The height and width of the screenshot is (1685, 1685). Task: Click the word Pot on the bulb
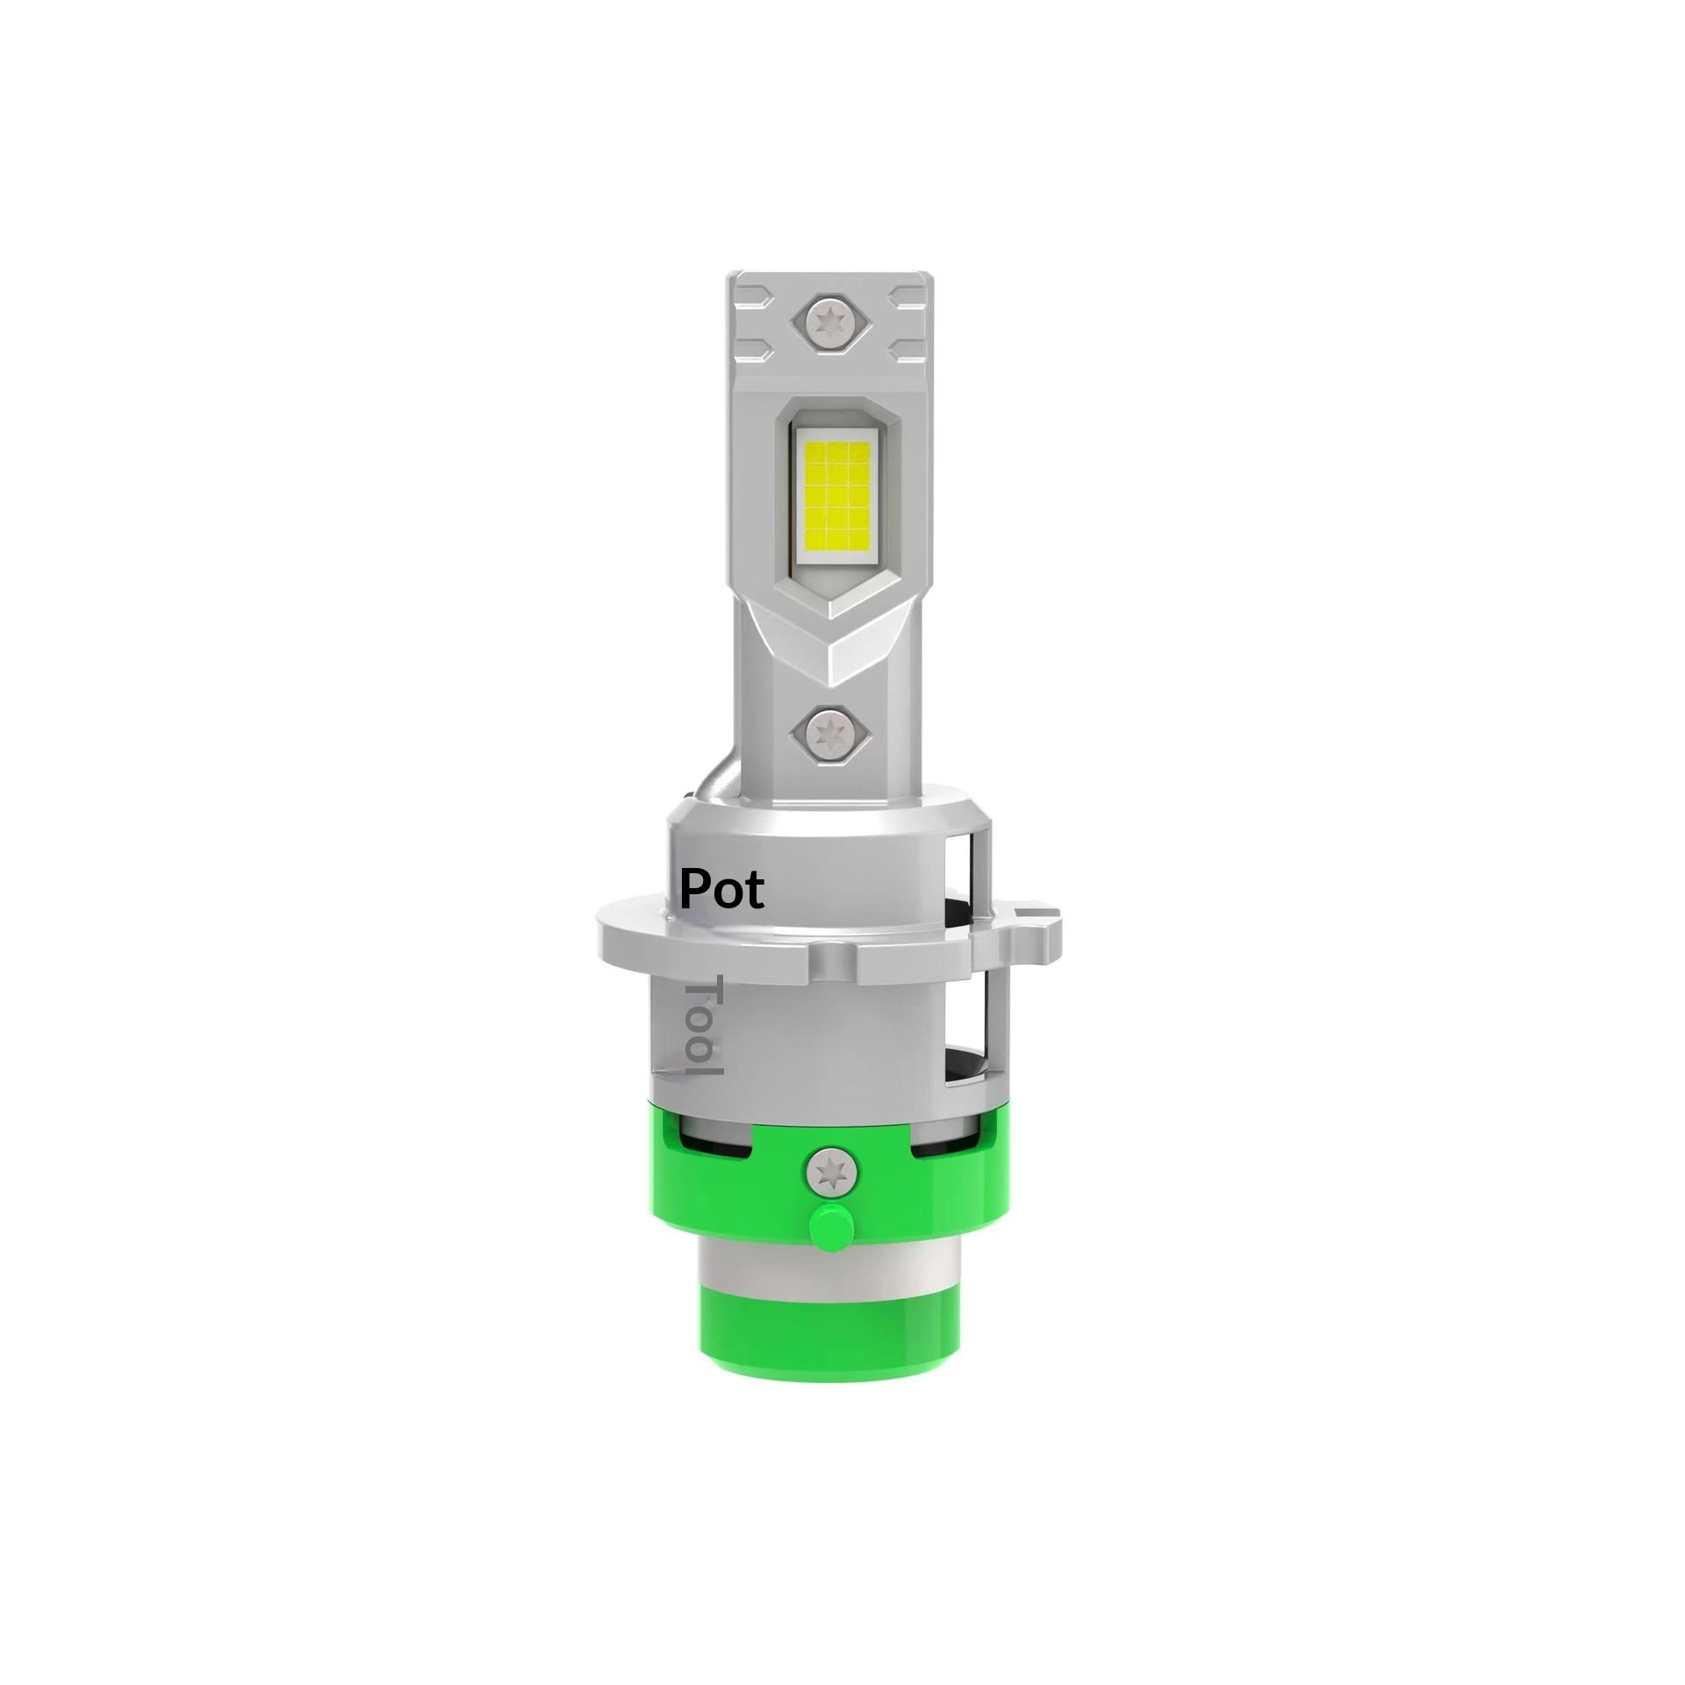722,890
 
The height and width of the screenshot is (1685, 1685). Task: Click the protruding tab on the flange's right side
1038,927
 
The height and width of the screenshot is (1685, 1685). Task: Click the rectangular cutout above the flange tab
975,869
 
